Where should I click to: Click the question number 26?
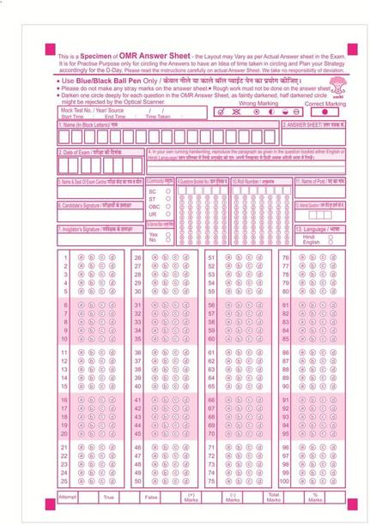(137, 257)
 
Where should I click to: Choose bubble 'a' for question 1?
(82, 257)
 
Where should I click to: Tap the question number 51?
(211, 257)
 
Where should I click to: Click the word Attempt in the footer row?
(68, 497)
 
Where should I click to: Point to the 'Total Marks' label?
(274, 498)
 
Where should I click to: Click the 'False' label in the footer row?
(150, 497)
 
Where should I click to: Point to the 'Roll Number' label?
(258, 181)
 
